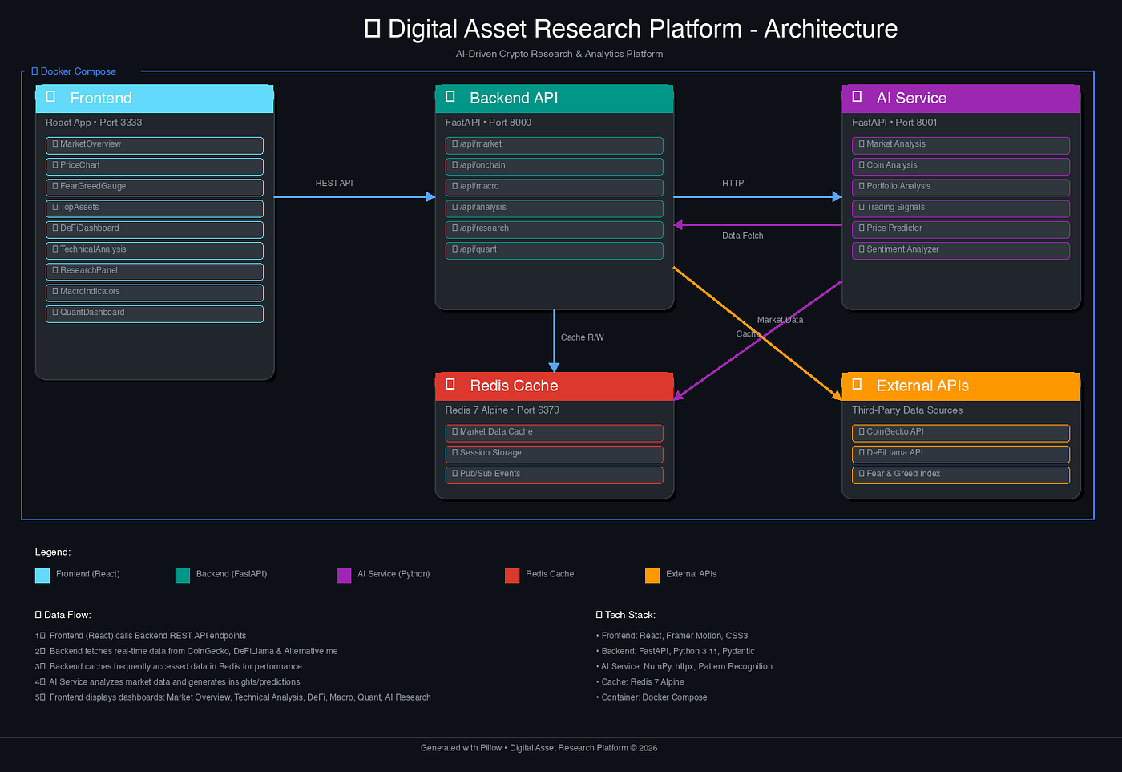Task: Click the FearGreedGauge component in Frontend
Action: coord(154,187)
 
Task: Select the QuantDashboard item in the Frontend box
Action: coord(154,313)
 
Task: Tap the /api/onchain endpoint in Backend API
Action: coord(554,166)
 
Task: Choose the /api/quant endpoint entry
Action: coord(554,250)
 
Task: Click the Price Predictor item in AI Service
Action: coord(960,229)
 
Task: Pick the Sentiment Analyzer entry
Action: coord(960,250)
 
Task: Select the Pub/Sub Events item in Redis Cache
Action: coord(554,475)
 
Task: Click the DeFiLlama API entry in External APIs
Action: coord(960,454)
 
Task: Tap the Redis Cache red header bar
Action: coord(554,386)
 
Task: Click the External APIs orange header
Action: coord(960,386)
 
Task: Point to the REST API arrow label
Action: coord(334,184)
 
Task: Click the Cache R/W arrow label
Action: coord(583,337)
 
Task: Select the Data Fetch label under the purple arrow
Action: coord(742,236)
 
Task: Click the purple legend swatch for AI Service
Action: coord(344,575)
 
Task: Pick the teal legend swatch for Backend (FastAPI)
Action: coord(183,575)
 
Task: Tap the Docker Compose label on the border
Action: coord(78,71)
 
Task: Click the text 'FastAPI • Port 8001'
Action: coord(894,123)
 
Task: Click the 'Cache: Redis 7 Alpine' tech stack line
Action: coord(642,682)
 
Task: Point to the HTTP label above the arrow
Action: coord(733,184)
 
